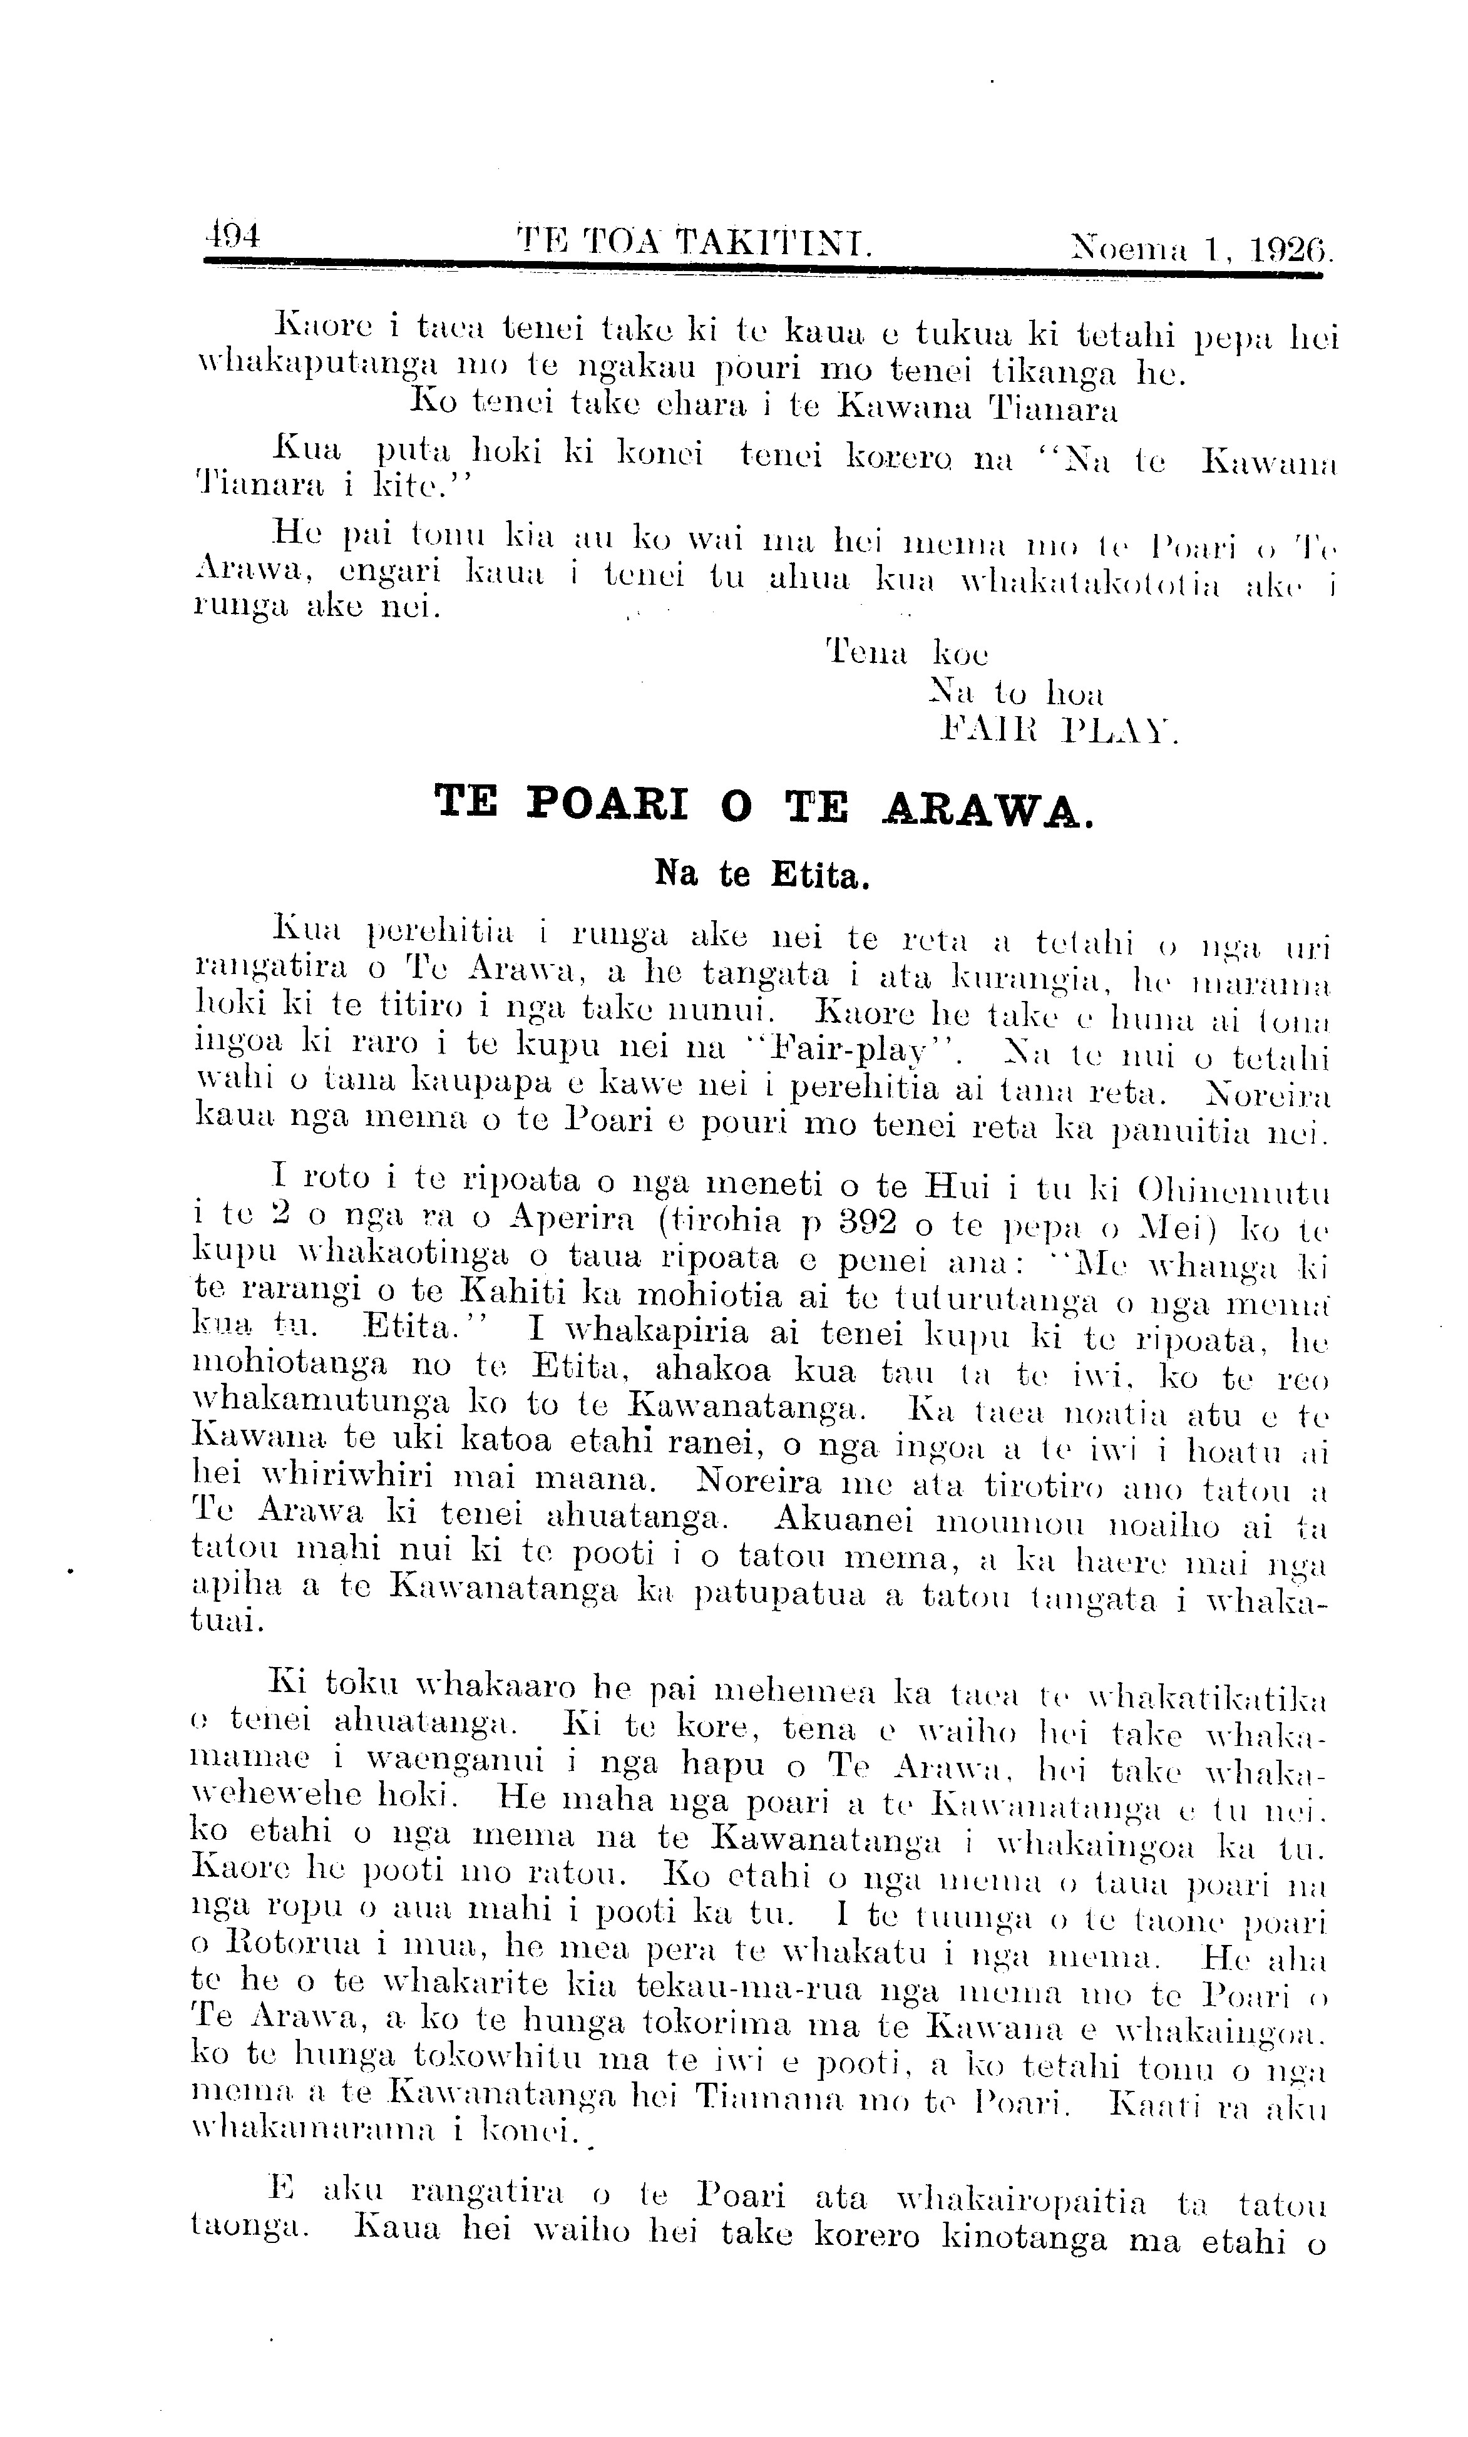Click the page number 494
point(230,235)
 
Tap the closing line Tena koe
point(906,653)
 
